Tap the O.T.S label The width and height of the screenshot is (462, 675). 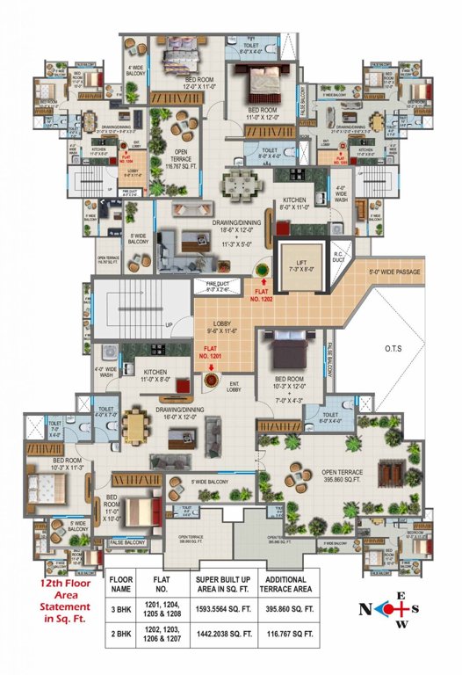click(393, 349)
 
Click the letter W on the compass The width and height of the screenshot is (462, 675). click(403, 626)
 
